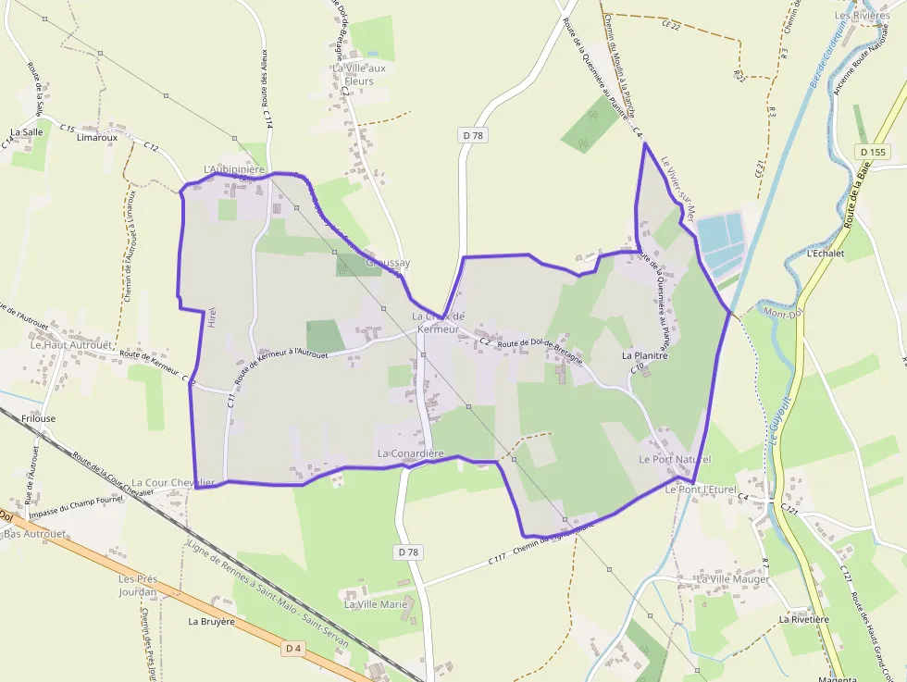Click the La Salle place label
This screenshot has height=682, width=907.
27,132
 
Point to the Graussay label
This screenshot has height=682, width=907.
387,263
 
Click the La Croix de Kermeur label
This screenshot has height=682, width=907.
438,323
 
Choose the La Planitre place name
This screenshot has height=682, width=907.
645,354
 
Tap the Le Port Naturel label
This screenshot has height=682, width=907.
675,459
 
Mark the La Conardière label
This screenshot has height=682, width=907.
411,453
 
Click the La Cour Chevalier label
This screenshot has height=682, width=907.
173,482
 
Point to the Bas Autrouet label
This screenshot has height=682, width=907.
35,534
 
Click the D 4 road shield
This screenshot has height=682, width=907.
293,649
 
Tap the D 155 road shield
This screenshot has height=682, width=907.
872,152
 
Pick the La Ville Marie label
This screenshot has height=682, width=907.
376,604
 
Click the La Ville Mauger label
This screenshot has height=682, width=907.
733,579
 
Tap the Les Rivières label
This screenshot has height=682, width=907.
862,16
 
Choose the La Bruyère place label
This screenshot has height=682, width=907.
211,622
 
